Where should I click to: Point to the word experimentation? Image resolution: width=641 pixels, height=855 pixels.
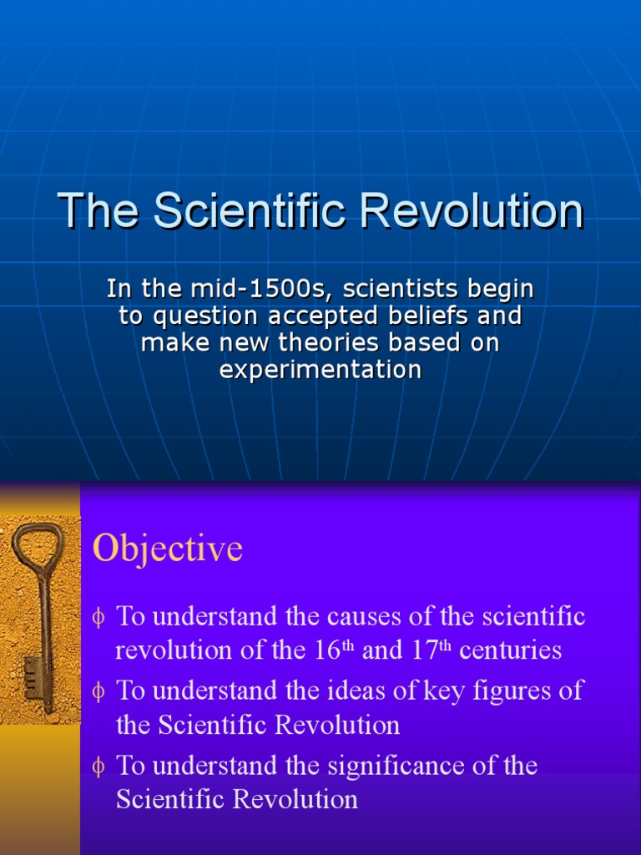tap(320, 370)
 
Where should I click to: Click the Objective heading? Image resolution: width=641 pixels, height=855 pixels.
tap(168, 549)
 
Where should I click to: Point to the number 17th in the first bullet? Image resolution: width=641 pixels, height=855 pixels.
tap(430, 650)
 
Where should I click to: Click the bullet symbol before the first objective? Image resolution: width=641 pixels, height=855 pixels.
tap(99, 618)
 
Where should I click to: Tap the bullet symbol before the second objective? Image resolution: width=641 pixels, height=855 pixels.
tap(99, 692)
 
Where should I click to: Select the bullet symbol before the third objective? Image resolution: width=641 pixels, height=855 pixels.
tap(99, 766)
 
